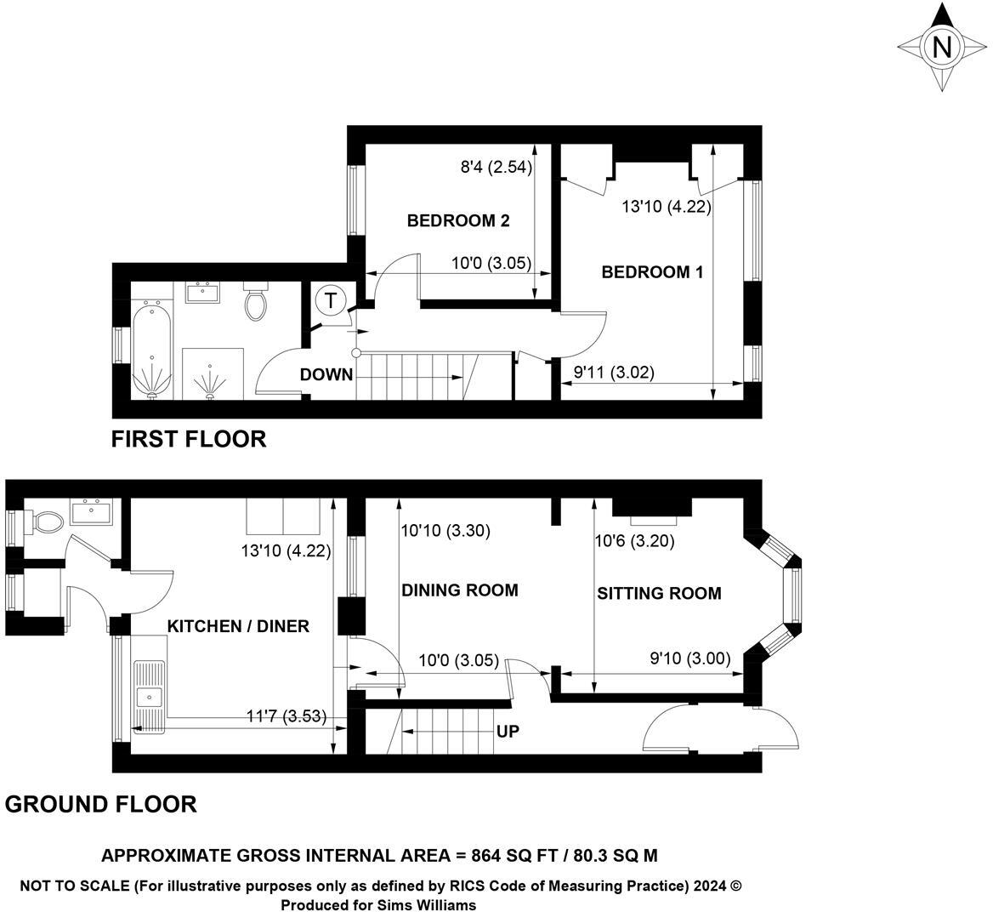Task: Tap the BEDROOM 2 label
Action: click(x=458, y=221)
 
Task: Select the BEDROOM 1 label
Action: click(x=652, y=272)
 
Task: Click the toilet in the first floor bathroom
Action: click(x=256, y=302)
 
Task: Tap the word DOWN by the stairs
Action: click(x=326, y=374)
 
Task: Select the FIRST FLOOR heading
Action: click(x=189, y=439)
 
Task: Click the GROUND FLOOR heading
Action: click(x=101, y=804)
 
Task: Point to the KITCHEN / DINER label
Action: click(x=238, y=626)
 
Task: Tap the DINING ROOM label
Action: click(x=460, y=590)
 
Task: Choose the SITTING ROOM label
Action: click(x=659, y=593)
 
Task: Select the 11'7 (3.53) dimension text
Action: click(x=286, y=715)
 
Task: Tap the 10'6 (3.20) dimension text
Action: click(x=635, y=541)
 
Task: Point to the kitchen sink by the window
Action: click(x=150, y=696)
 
